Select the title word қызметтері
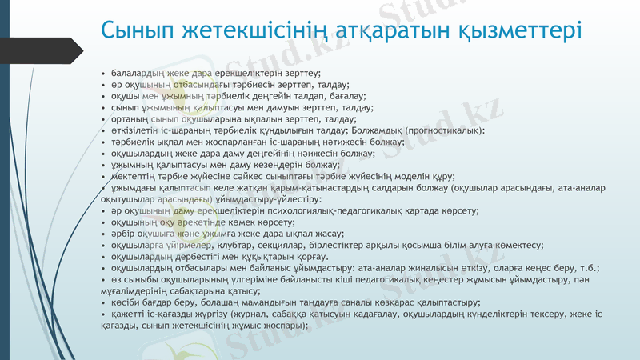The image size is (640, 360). [x=519, y=30]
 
